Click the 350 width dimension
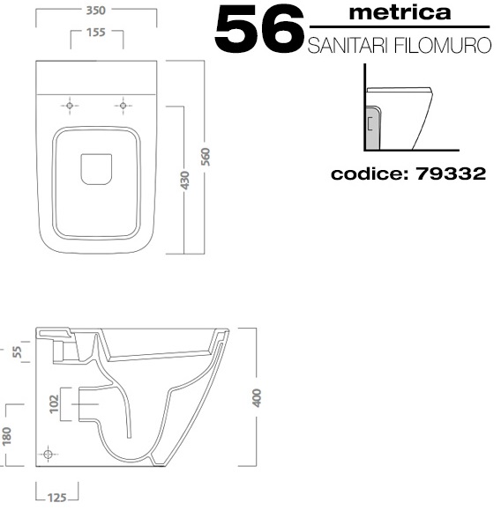(96, 11)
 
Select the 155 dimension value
(96, 33)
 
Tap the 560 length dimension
(206, 157)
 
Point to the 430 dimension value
(184, 181)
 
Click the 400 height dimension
(257, 397)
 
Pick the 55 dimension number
(17, 352)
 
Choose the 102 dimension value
(54, 404)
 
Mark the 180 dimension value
(6, 436)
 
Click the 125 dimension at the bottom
(57, 498)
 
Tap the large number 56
(259, 29)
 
